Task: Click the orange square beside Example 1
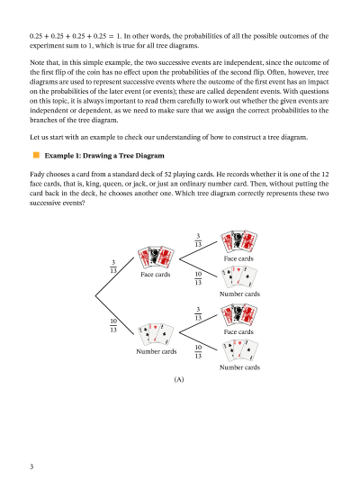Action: tap(36, 155)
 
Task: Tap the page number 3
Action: tap(31, 466)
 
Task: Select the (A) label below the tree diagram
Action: tap(179, 380)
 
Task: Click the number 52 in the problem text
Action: tap(167, 174)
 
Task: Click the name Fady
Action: tap(37, 174)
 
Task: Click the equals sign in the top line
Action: tap(111, 36)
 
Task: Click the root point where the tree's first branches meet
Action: tap(95, 295)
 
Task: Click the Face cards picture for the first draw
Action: tap(156, 257)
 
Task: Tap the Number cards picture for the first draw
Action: tap(156, 333)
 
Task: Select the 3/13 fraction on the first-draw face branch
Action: tap(113, 267)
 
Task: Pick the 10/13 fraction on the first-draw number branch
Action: tap(113, 325)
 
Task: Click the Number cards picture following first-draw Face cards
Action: tap(239, 277)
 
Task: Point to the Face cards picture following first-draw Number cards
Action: tap(238, 314)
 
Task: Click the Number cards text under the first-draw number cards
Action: tap(157, 351)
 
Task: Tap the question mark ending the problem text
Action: tap(83, 203)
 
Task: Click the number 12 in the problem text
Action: tap(325, 174)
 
